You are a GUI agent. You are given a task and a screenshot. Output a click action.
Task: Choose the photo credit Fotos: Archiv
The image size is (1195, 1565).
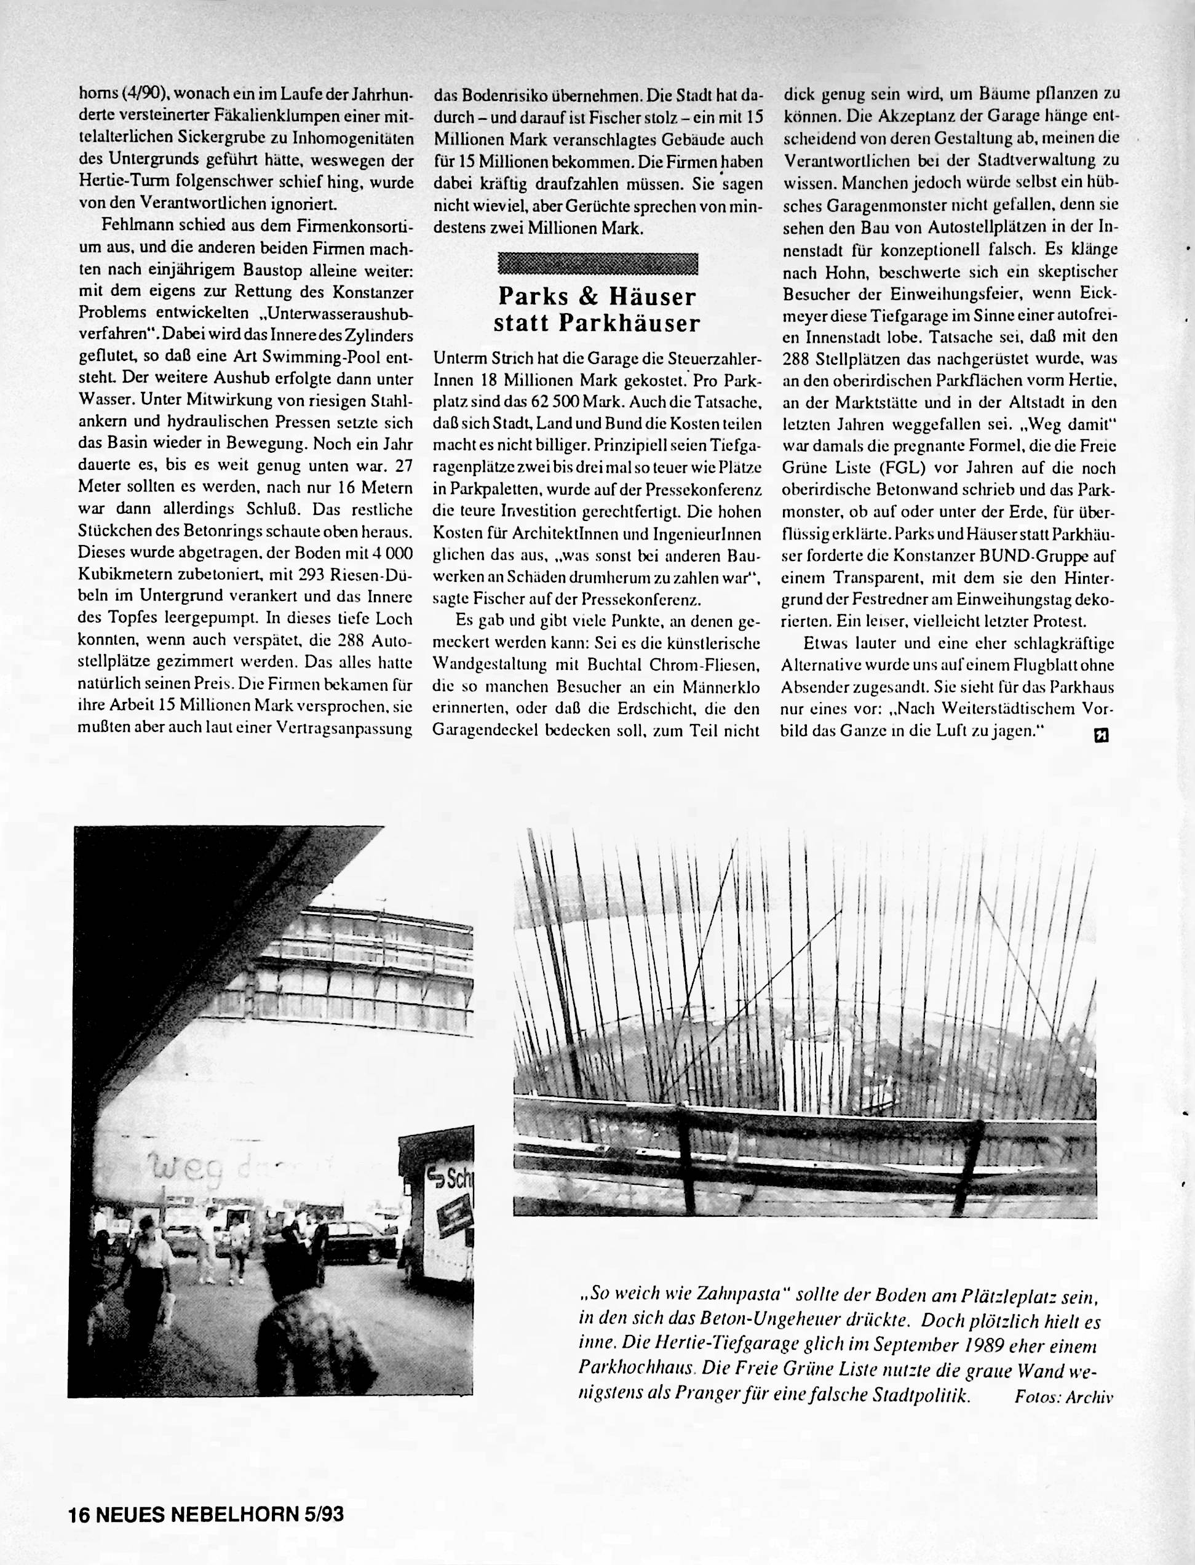[1063, 1395]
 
